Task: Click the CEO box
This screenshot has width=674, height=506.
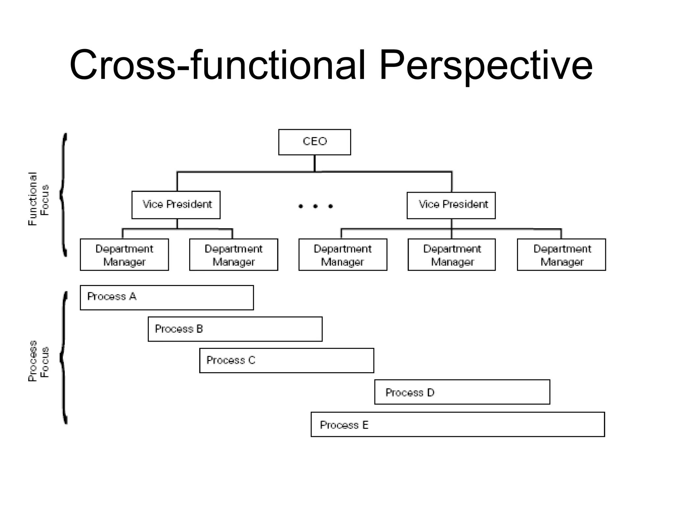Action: click(x=314, y=142)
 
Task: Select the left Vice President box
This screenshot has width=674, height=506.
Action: click(x=176, y=205)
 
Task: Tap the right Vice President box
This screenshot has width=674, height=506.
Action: click(x=451, y=205)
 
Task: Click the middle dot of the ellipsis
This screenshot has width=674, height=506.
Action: click(x=315, y=206)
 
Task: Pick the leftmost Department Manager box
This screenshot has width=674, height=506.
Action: click(x=124, y=255)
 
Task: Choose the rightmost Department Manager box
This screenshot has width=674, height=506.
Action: click(x=561, y=255)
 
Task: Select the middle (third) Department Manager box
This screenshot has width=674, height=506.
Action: click(x=343, y=255)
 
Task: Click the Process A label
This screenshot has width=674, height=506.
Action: click(x=112, y=296)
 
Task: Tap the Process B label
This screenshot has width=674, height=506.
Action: click(x=179, y=329)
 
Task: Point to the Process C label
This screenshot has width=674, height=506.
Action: click(x=231, y=360)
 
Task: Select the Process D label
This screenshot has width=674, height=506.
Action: click(x=410, y=392)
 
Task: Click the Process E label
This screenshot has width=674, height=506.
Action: click(x=344, y=425)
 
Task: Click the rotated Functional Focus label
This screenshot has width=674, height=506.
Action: click(x=38, y=199)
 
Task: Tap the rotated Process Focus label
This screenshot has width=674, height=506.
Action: click(x=38, y=360)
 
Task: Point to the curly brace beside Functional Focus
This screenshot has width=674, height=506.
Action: click(x=64, y=194)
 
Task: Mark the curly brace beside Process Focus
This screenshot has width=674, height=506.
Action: click(x=64, y=357)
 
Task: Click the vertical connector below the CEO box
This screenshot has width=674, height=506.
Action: click(x=315, y=163)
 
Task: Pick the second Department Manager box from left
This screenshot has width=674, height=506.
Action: click(x=233, y=255)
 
